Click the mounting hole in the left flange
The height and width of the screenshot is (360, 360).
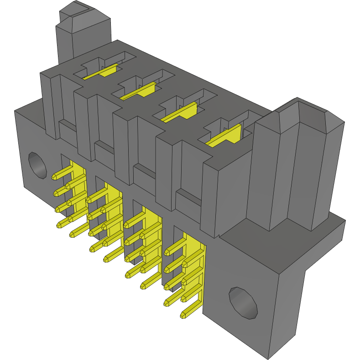click(37, 165)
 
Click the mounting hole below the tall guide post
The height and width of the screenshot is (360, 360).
click(243, 302)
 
